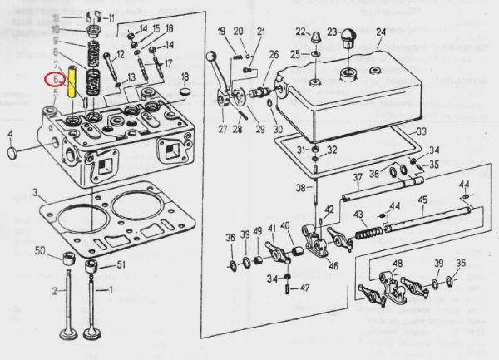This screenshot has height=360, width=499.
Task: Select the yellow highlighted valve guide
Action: pyautogui.click(x=72, y=85)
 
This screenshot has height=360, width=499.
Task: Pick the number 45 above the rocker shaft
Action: pyautogui.click(x=422, y=200)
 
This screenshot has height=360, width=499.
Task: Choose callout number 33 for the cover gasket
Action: pyautogui.click(x=422, y=133)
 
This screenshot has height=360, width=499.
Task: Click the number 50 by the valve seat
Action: pyautogui.click(x=40, y=251)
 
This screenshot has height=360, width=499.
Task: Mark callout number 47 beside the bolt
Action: pyautogui.click(x=305, y=288)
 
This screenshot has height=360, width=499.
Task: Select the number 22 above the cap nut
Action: pyautogui.click(x=300, y=32)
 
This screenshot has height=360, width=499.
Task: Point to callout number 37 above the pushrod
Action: pyautogui.click(x=355, y=177)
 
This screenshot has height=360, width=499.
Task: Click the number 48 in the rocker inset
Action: pyautogui.click(x=397, y=265)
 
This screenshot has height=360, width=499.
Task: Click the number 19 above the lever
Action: pyautogui.click(x=222, y=32)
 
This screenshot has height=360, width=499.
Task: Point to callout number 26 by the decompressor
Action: pyautogui.click(x=274, y=54)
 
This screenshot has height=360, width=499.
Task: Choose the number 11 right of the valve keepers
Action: pyautogui.click(x=112, y=18)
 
